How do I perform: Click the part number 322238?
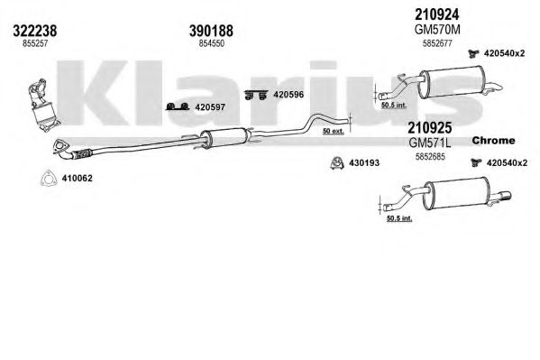(35, 31)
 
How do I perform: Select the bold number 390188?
(211, 31)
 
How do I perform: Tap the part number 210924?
(436, 14)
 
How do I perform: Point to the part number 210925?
(429, 128)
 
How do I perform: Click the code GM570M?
(437, 30)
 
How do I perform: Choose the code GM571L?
(430, 143)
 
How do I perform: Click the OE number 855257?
(35, 43)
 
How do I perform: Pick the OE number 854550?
(212, 43)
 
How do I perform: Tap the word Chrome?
(493, 141)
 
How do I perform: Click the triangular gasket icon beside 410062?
(48, 178)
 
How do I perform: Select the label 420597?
(210, 107)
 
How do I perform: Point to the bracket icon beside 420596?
(256, 95)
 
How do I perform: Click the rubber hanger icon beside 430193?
(337, 162)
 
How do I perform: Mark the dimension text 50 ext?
(333, 131)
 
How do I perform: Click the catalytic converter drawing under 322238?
(42, 106)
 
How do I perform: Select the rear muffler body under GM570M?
(452, 82)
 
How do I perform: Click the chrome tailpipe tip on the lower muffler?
(503, 197)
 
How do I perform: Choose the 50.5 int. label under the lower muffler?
(399, 218)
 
